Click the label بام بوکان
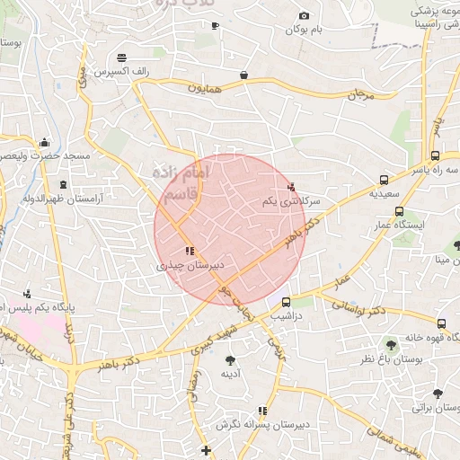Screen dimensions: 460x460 [x=304, y=31]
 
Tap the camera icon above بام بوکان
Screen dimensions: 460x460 [x=304, y=15]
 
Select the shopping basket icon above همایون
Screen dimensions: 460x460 [x=243, y=75]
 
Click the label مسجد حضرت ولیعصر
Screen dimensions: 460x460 [x=47, y=156]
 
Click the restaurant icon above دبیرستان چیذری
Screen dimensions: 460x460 [x=189, y=252]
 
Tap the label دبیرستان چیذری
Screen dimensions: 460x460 [x=190, y=266]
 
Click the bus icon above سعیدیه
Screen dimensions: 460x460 [x=385, y=179]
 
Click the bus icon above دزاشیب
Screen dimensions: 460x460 [x=286, y=302]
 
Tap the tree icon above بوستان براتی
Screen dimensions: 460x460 [x=437, y=394]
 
